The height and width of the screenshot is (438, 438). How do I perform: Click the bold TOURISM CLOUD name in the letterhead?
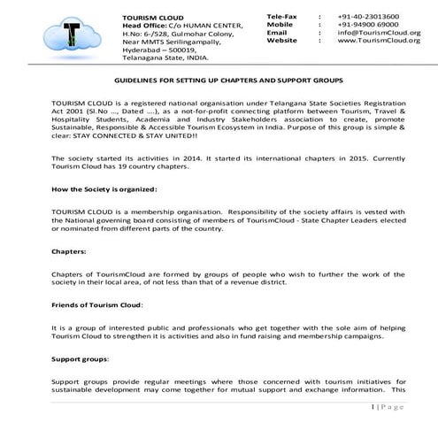point(147,17)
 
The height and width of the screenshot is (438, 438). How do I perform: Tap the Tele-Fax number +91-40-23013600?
point(368,17)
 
